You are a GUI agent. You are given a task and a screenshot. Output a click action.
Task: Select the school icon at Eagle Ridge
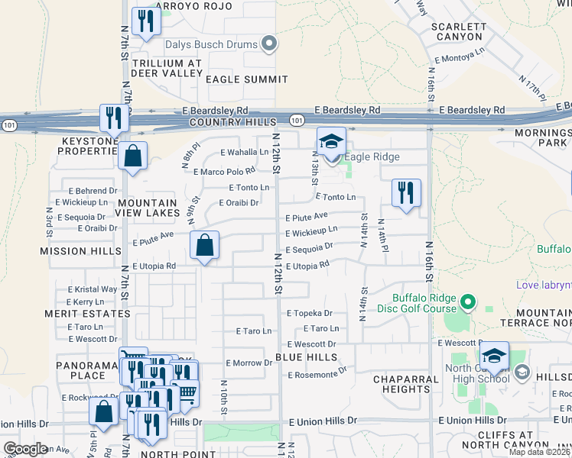coord(331,142)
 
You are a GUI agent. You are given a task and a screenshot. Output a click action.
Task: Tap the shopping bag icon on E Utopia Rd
coord(205,246)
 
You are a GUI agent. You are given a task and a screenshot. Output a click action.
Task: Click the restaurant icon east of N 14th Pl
coord(406,192)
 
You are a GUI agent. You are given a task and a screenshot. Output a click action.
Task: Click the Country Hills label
coord(231,122)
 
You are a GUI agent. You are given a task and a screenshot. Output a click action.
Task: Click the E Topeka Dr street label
coord(310,313)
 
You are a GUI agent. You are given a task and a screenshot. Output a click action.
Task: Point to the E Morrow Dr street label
coord(249,363)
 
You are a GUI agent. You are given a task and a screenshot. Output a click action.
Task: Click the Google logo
coord(25,448)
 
